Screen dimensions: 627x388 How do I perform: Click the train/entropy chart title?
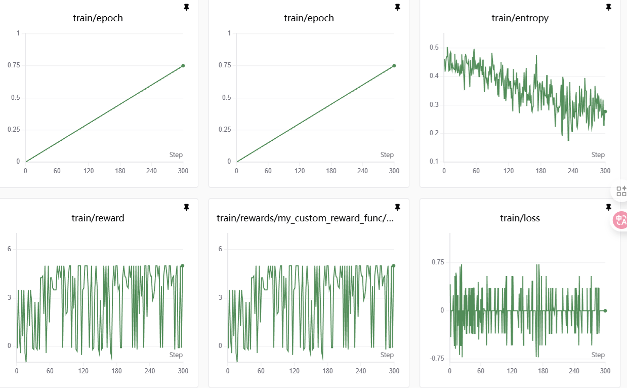(520, 18)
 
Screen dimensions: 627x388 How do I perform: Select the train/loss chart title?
(520, 218)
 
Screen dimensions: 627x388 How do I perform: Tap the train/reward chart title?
(98, 218)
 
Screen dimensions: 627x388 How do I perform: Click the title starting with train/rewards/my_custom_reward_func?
(305, 218)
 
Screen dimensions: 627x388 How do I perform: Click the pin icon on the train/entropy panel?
(608, 7)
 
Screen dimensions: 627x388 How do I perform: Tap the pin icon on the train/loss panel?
(608, 207)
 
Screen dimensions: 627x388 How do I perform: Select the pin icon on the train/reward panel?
(186, 207)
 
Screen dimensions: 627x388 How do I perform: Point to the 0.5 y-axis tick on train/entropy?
(434, 47)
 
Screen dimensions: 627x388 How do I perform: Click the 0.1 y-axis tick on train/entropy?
(434, 162)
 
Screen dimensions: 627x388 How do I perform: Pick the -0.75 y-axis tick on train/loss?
(437, 359)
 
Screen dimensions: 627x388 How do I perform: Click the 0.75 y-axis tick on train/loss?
(438, 262)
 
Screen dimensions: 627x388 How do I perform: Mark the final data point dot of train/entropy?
(605, 112)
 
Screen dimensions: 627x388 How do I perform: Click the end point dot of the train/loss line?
(605, 311)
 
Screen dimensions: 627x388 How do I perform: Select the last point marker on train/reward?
(183, 266)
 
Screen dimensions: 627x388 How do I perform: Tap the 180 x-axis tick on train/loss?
(543, 371)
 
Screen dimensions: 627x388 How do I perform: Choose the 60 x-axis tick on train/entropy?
(476, 171)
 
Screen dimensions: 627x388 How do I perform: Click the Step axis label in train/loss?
(598, 355)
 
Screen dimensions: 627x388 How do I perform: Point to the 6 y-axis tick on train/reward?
(9, 249)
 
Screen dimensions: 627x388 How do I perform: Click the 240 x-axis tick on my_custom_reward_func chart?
(361, 371)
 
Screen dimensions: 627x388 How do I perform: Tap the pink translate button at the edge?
(620, 220)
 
